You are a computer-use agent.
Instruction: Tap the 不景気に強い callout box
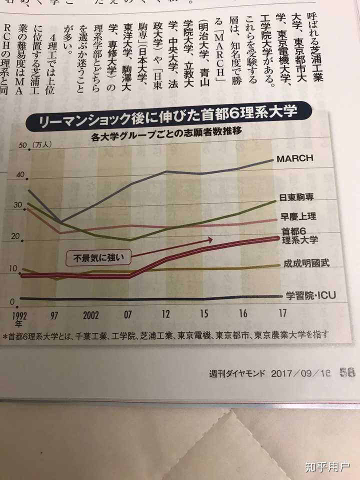pos(99,258)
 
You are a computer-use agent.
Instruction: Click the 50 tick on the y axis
pos(22,145)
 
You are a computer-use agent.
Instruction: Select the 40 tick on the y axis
pos(20,175)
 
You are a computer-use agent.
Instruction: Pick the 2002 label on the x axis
pos(90,315)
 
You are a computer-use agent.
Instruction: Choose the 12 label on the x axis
pos(165,314)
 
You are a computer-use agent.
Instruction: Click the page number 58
pos(346,372)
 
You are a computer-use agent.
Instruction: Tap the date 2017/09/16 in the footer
pos(302,373)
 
